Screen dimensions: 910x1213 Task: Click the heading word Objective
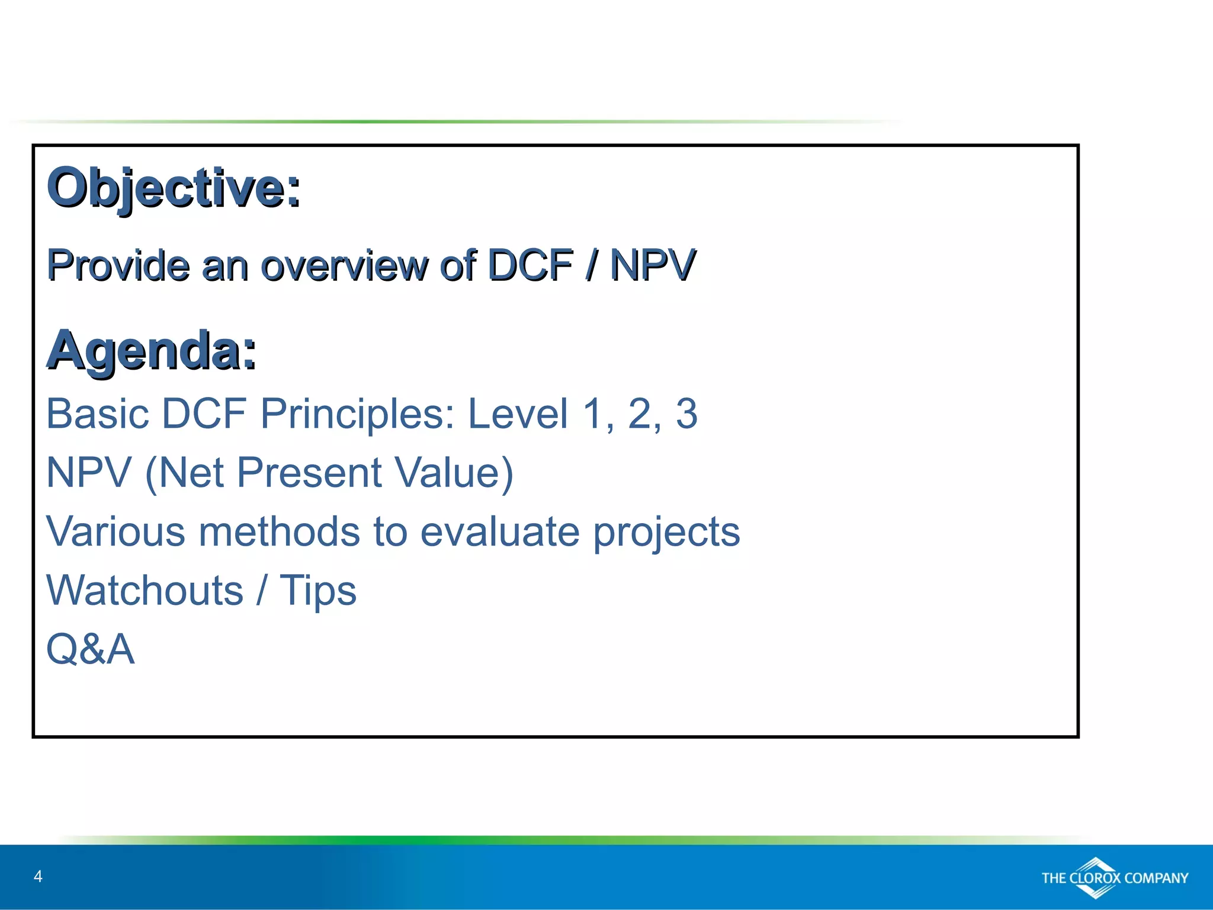pos(173,188)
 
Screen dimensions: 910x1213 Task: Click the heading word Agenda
pos(151,351)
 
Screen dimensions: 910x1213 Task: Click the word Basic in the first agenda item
pos(98,414)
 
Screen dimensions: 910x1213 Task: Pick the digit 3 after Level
pos(686,414)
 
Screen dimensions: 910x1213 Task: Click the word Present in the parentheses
pos(309,473)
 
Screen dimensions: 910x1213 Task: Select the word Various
pos(115,531)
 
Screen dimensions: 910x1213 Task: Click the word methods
pos(279,531)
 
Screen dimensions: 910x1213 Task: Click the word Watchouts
pos(145,591)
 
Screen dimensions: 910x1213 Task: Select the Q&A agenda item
pos(90,649)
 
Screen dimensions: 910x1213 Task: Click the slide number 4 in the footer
pos(38,876)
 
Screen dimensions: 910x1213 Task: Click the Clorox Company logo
pos(1114,877)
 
